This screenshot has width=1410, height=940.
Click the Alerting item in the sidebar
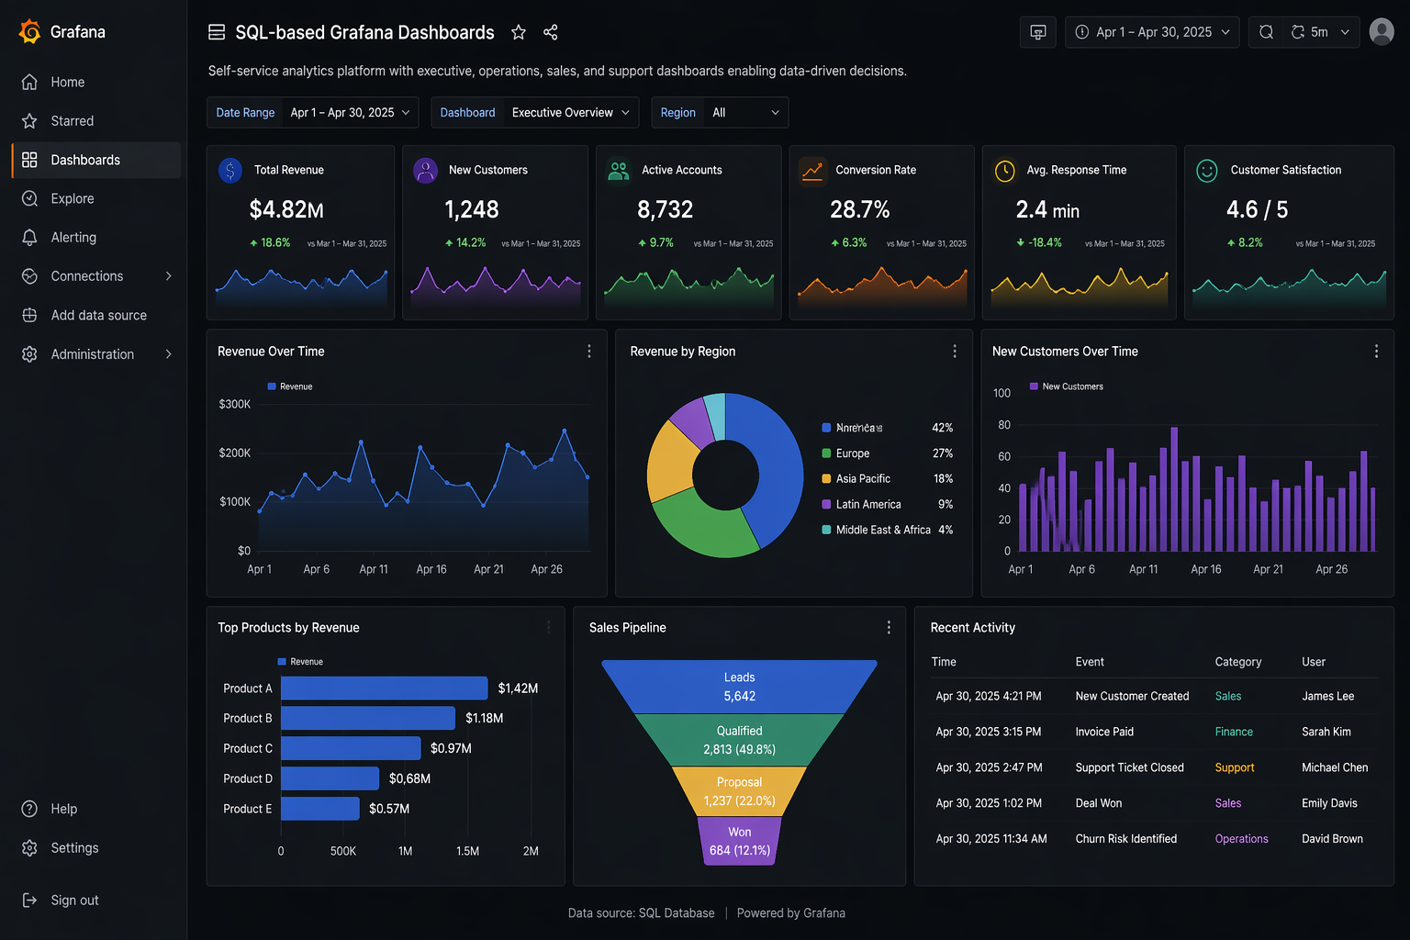pos(73,237)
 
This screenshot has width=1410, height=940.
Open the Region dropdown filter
pos(720,113)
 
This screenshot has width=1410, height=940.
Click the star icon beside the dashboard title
pos(519,33)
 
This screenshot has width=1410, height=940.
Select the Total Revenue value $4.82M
pos(286,210)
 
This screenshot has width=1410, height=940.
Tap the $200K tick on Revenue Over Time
pos(234,453)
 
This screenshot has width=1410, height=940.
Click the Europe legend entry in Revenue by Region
pos(852,453)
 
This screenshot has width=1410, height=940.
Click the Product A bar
pos(384,688)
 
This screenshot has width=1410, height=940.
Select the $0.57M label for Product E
pos(389,809)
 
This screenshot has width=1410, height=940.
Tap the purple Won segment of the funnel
pos(739,841)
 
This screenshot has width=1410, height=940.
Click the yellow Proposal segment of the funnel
pos(739,791)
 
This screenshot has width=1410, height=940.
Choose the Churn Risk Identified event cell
pos(1125,839)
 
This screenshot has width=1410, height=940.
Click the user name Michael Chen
pos(1334,767)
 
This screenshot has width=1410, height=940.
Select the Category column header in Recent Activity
pos(1237,662)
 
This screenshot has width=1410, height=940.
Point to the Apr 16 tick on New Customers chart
pos(1205,569)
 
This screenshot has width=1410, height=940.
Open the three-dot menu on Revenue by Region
pos(955,352)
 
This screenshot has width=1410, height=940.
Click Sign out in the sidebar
pos(74,901)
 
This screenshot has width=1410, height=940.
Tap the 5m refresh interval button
pos(1319,32)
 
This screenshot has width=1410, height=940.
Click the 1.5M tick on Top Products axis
pos(467,851)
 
